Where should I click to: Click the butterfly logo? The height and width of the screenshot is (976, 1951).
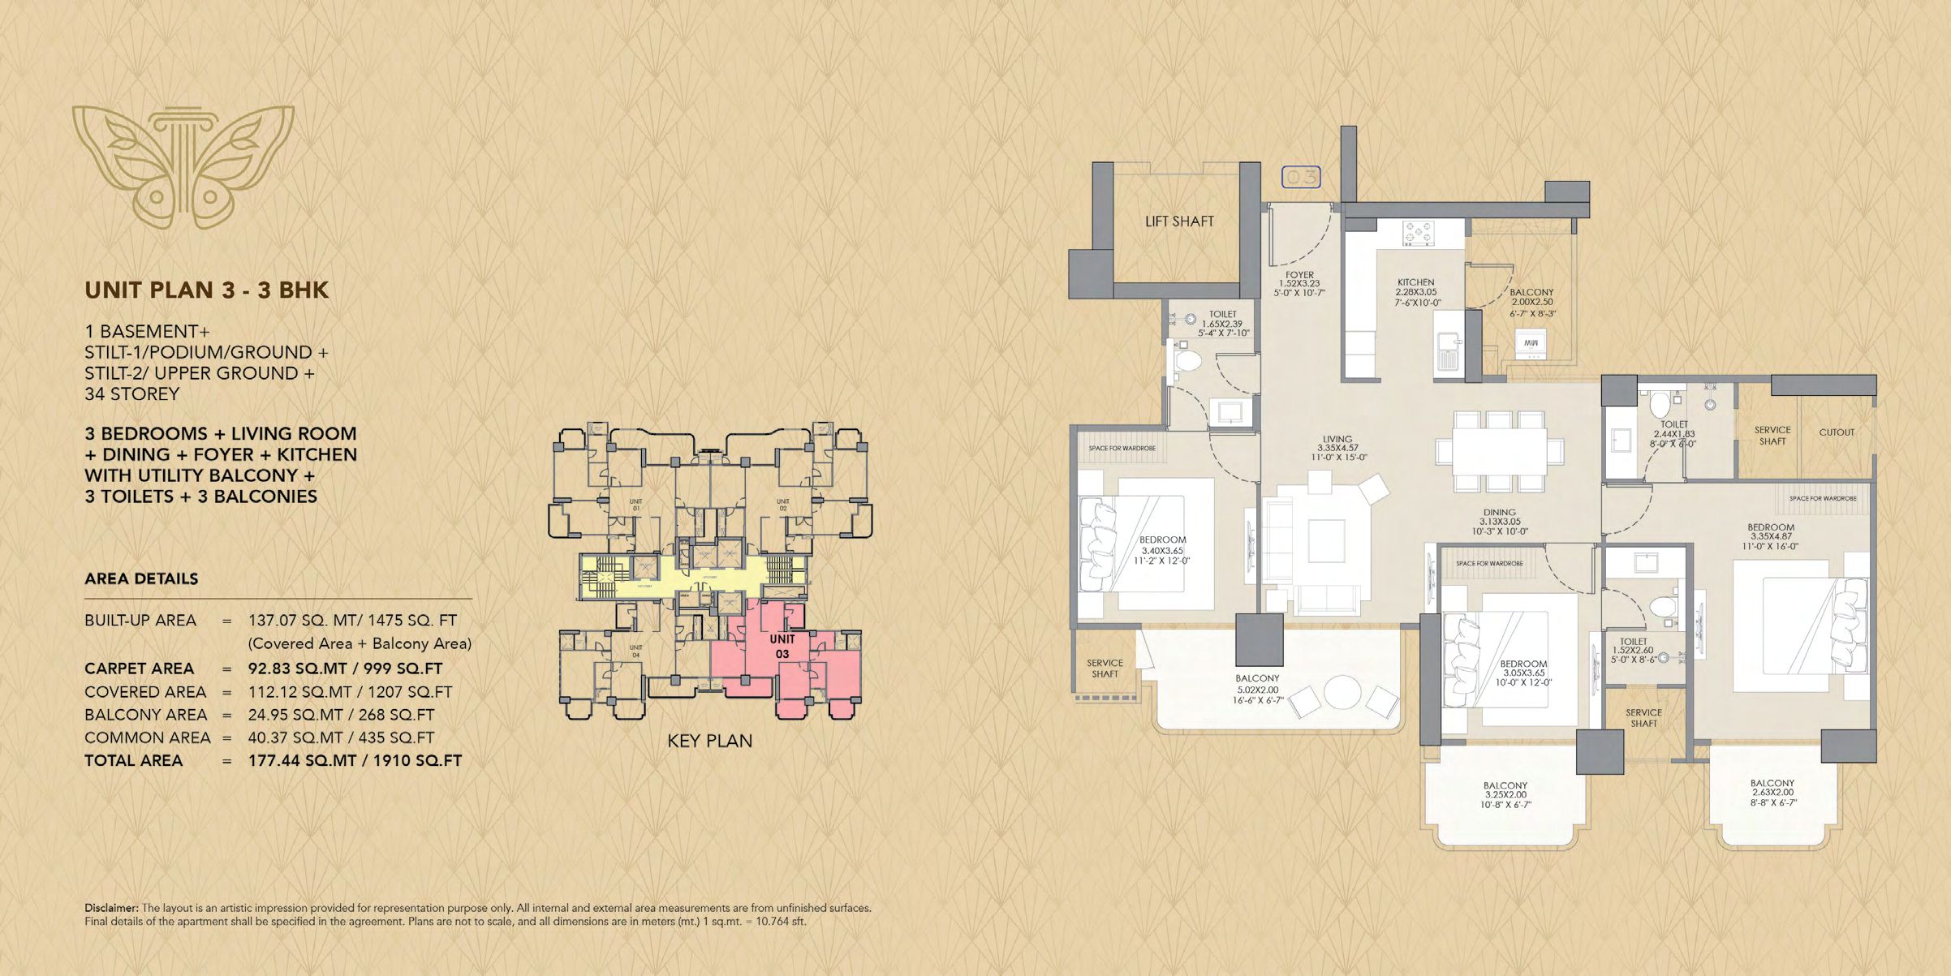183,166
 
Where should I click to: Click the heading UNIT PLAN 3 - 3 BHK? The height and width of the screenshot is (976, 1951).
206,290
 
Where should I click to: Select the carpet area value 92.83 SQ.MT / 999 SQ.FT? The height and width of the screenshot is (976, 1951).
345,669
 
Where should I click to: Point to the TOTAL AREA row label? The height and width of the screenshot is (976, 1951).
133,761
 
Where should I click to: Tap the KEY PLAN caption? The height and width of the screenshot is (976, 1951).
709,741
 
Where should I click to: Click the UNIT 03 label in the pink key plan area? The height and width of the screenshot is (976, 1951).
782,646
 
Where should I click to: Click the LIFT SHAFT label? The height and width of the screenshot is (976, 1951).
1178,221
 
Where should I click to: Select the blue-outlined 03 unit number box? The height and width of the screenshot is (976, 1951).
1300,177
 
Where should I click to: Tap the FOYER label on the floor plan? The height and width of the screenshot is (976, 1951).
1299,276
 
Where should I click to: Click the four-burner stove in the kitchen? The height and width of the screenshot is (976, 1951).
1419,233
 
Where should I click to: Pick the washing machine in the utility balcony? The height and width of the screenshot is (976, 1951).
1531,344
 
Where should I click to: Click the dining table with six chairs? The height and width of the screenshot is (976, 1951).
1499,452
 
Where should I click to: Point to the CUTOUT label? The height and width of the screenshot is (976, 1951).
1836,432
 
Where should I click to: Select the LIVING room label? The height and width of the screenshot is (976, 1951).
1337,439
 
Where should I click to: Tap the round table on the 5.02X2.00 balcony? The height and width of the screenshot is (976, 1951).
1342,692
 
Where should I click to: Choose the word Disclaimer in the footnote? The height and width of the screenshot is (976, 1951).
111,908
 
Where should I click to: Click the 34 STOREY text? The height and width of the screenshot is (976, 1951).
131,394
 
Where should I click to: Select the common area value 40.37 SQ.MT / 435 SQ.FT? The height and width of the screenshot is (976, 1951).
341,737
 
